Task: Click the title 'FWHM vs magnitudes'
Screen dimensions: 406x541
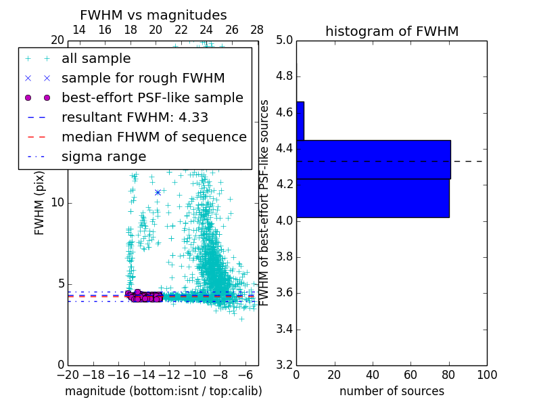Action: coord(154,16)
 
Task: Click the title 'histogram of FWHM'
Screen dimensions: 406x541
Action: coord(392,32)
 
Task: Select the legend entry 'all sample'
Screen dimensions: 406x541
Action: coord(96,59)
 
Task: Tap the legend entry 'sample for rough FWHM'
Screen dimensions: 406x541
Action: coord(143,78)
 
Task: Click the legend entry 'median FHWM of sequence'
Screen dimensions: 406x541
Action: coord(154,137)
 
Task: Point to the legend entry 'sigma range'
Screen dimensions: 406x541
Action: coord(103,157)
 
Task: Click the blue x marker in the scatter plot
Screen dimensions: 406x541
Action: coord(158,192)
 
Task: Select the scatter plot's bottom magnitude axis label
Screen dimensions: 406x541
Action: coord(163,392)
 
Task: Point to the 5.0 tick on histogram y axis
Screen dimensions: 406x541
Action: coord(283,40)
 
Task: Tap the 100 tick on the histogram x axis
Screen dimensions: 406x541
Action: coord(487,374)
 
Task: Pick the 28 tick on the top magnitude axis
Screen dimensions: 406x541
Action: coord(258,30)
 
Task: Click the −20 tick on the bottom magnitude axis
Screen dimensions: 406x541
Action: coord(68,374)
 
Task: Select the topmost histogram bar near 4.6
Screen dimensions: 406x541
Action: coord(300,120)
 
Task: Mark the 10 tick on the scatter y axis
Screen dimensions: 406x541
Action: coord(57,202)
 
